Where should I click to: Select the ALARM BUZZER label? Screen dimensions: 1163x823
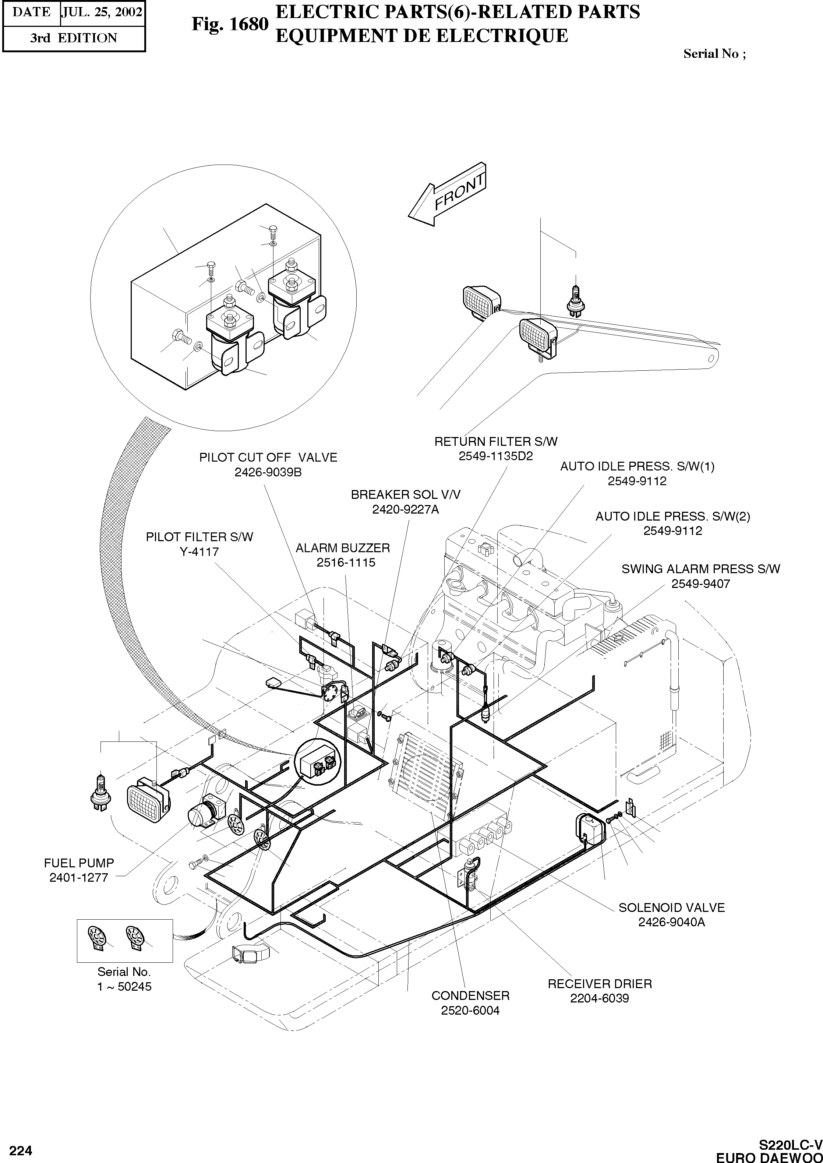(x=343, y=548)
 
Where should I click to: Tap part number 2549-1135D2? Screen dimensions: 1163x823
(x=496, y=455)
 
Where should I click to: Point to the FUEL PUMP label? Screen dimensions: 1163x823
(x=79, y=863)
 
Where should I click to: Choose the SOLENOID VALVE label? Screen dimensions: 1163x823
(x=671, y=907)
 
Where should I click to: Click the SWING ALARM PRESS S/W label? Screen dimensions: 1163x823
(x=700, y=568)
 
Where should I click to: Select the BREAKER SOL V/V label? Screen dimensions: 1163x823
(x=405, y=494)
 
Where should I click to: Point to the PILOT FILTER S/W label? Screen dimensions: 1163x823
(x=199, y=537)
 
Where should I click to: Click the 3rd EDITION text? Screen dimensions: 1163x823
(x=74, y=38)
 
